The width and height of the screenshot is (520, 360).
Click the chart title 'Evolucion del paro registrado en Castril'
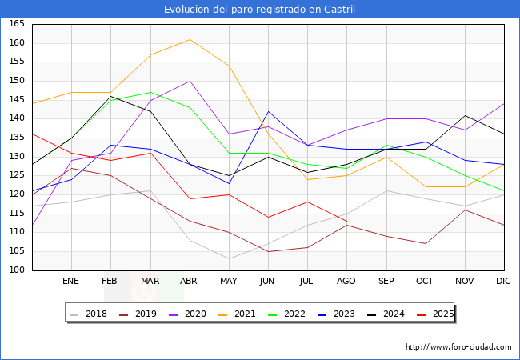pyautogui.click(x=260, y=10)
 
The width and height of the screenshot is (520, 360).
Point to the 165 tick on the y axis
pyautogui.click(x=16, y=24)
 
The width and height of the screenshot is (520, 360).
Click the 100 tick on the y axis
pyautogui.click(x=16, y=270)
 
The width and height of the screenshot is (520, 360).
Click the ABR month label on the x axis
pyautogui.click(x=190, y=282)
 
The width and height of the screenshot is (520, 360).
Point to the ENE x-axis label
pyautogui.click(x=71, y=282)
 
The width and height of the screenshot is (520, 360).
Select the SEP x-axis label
pyautogui.click(x=386, y=282)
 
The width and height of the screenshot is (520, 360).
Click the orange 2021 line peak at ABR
pyautogui.click(x=190, y=39)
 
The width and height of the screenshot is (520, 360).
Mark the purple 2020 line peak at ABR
pyautogui.click(x=190, y=81)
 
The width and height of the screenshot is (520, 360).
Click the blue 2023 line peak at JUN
pyautogui.click(x=268, y=111)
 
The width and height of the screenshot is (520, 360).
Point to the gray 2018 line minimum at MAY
pyautogui.click(x=229, y=258)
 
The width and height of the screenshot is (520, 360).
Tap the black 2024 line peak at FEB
pyautogui.click(x=110, y=96)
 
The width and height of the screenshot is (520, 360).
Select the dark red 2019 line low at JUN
pyautogui.click(x=268, y=251)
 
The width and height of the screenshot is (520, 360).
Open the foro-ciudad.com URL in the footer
pyautogui.click(x=458, y=347)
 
